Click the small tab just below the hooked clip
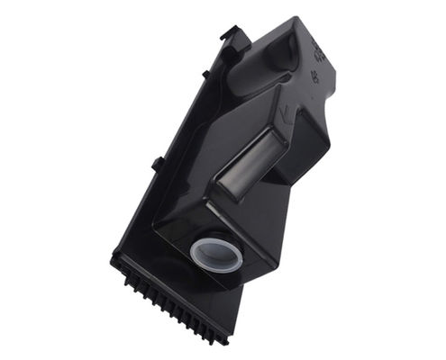207,73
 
